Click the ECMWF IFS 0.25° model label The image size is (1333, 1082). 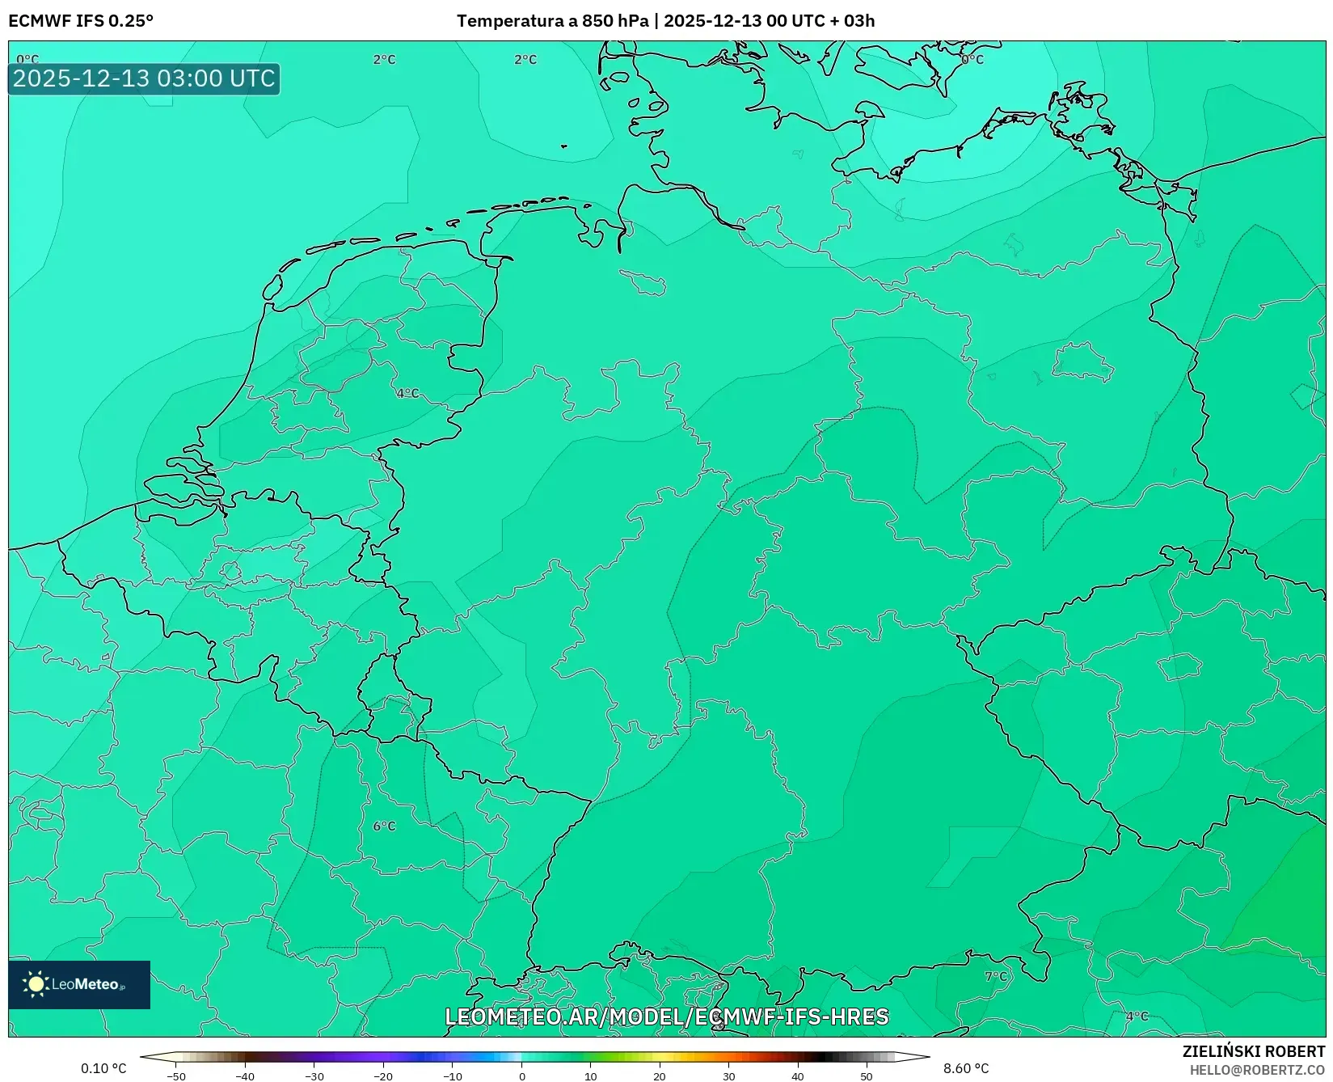81,21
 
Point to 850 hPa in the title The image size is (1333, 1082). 615,21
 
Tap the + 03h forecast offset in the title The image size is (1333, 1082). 852,21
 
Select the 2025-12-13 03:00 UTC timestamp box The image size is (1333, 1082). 144,78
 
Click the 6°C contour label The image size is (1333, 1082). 385,826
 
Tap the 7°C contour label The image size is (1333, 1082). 997,976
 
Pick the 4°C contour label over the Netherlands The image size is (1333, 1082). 408,393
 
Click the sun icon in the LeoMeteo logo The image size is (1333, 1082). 36,983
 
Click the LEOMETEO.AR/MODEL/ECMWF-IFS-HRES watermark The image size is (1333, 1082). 667,1016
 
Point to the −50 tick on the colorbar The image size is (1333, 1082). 176,1076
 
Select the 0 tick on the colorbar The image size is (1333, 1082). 521,1076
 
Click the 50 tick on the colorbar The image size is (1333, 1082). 867,1076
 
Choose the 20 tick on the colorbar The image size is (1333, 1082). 660,1076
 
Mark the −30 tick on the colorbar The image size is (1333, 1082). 314,1076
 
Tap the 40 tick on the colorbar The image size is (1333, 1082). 798,1076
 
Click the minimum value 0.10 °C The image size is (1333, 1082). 103,1068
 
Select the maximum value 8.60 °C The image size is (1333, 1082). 966,1068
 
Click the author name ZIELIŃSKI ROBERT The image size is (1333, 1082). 1254,1051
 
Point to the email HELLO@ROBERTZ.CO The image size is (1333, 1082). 1257,1070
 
